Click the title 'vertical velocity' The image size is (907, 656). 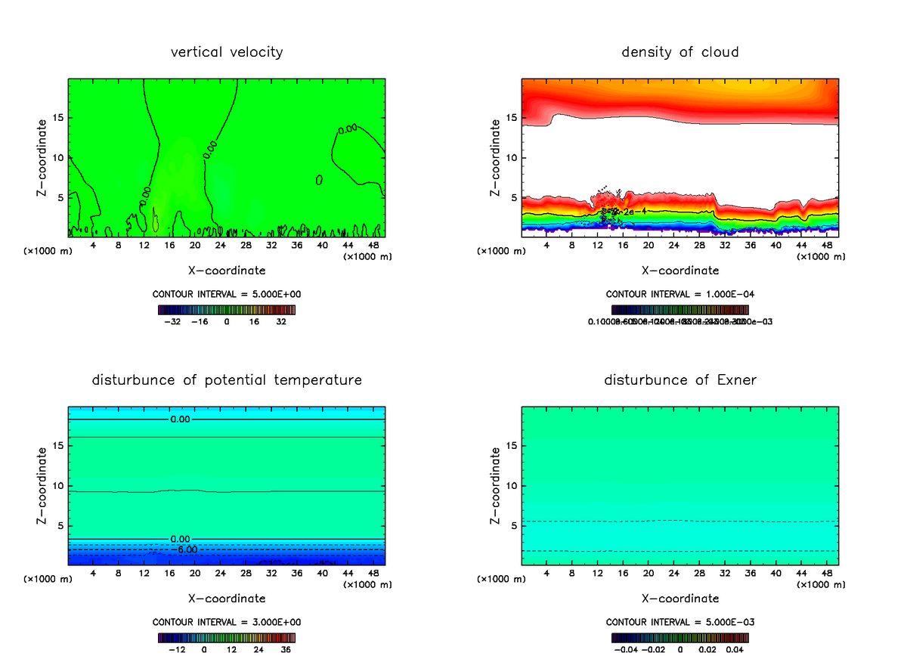[x=227, y=52]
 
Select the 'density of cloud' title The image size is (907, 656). [x=679, y=52]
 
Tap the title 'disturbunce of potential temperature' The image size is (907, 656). [x=227, y=379]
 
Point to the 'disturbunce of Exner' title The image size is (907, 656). [x=679, y=379]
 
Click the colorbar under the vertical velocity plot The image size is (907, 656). [x=227, y=310]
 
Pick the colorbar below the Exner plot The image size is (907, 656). [x=679, y=637]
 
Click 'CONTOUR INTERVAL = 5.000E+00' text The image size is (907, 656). [x=227, y=294]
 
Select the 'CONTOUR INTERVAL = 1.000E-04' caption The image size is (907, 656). [x=679, y=294]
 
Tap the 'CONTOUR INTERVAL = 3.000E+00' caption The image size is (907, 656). [x=227, y=622]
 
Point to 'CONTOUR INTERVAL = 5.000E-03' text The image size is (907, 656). [x=679, y=622]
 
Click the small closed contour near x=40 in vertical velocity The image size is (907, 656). [x=320, y=180]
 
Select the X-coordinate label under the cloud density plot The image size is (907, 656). [x=679, y=271]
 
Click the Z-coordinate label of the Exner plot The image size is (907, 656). [x=496, y=485]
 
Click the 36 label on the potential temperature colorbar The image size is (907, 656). [x=286, y=649]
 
